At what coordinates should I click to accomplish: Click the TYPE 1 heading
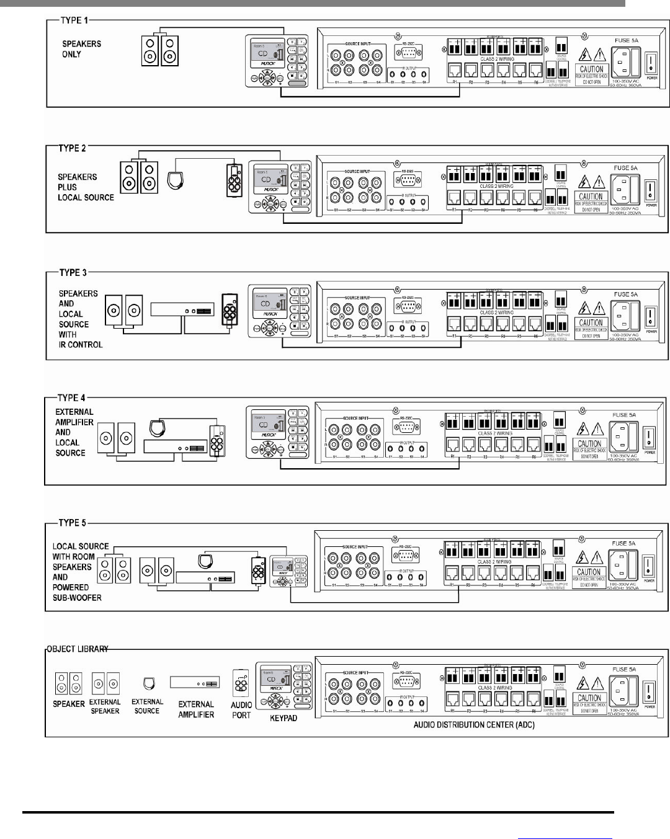click(x=75, y=20)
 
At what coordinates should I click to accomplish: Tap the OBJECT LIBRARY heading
click(x=78, y=649)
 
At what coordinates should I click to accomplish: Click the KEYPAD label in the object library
click(x=284, y=718)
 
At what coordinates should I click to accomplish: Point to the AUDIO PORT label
click(x=241, y=710)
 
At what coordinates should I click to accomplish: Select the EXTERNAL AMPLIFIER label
click(x=196, y=709)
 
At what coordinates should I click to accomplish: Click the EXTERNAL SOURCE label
click(x=147, y=706)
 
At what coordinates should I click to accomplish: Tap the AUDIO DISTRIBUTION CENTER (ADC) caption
click(x=474, y=724)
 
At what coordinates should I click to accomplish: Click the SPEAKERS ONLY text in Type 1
click(x=81, y=49)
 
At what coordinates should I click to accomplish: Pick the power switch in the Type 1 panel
click(x=650, y=61)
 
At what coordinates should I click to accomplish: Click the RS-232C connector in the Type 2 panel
click(x=407, y=181)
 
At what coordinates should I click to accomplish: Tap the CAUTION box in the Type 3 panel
click(x=591, y=326)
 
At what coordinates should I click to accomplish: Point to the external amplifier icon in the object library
click(x=195, y=682)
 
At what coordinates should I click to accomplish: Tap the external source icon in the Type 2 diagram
click(x=176, y=180)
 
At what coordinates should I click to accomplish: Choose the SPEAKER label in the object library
click(x=69, y=704)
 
